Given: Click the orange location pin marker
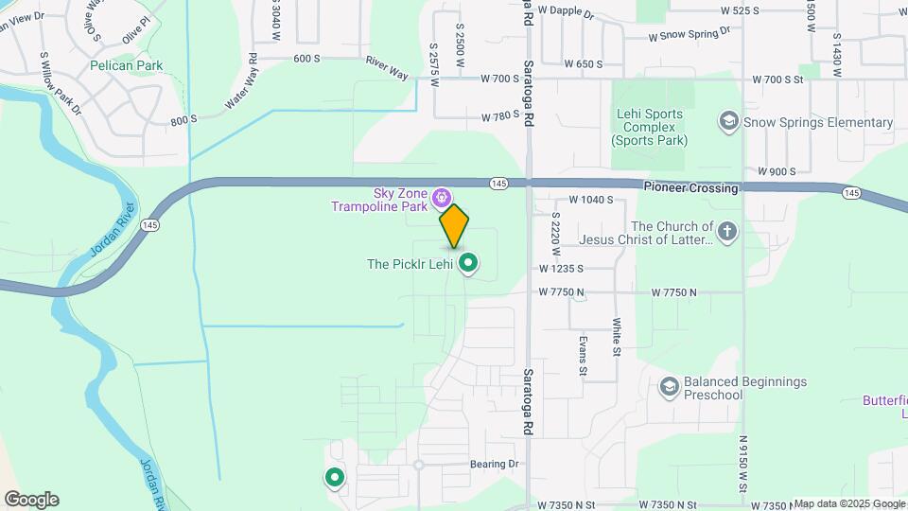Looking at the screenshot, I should [454, 226].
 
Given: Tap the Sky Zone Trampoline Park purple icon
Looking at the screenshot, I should [441, 198].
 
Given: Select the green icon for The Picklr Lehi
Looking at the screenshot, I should [467, 263].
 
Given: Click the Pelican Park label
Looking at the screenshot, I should [127, 66].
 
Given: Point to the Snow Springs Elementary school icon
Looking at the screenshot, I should [728, 122].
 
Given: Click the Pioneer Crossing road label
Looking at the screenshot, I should [690, 188].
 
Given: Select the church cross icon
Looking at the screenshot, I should [726, 232].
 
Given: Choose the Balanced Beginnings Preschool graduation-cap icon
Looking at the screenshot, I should [670, 387].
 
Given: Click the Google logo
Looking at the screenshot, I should [31, 500].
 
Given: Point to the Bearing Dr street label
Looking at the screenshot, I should [495, 465].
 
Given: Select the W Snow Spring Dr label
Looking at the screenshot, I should [690, 34].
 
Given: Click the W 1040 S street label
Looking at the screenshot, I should [591, 201].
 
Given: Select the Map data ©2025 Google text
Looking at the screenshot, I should [848, 503].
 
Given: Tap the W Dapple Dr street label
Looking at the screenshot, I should [565, 12].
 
